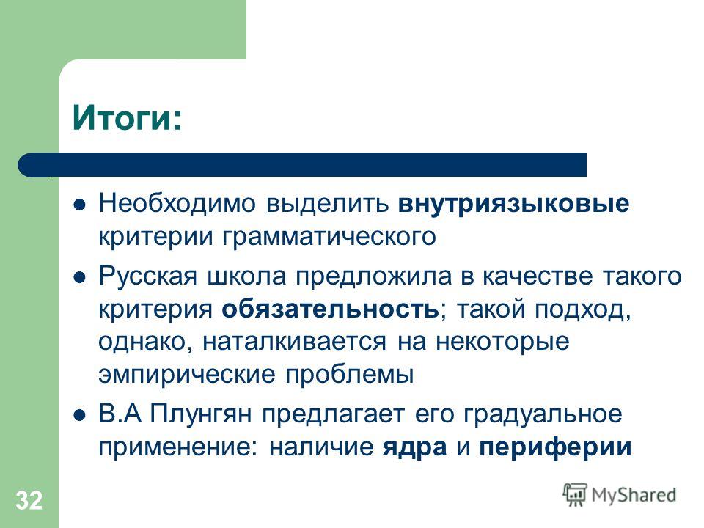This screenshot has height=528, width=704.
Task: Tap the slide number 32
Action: (x=29, y=500)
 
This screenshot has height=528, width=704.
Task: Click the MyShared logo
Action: (x=620, y=495)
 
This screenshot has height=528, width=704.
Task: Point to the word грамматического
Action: (x=329, y=238)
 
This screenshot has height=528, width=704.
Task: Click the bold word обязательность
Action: (x=331, y=309)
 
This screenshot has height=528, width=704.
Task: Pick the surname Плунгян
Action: (x=201, y=414)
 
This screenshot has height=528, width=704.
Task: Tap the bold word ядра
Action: (x=415, y=447)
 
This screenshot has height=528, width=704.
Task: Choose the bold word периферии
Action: (x=555, y=447)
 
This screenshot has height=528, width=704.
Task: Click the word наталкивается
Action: (x=294, y=342)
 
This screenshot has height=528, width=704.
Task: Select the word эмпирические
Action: (x=187, y=375)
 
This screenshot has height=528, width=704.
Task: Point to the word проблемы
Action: (x=349, y=375)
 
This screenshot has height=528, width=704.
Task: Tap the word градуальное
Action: (x=543, y=414)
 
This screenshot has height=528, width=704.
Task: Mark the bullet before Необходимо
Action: (x=79, y=205)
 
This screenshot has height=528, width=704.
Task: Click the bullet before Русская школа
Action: (x=79, y=277)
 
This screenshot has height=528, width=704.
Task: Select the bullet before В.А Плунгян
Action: (x=79, y=415)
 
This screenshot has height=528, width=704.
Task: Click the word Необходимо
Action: (x=177, y=203)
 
